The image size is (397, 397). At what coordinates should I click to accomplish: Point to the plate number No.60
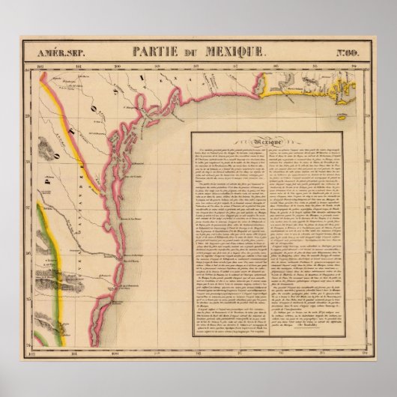tap(345, 53)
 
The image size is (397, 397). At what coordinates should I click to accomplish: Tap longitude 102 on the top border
tap(40, 66)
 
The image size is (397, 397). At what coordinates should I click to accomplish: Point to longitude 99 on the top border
tap(157, 66)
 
